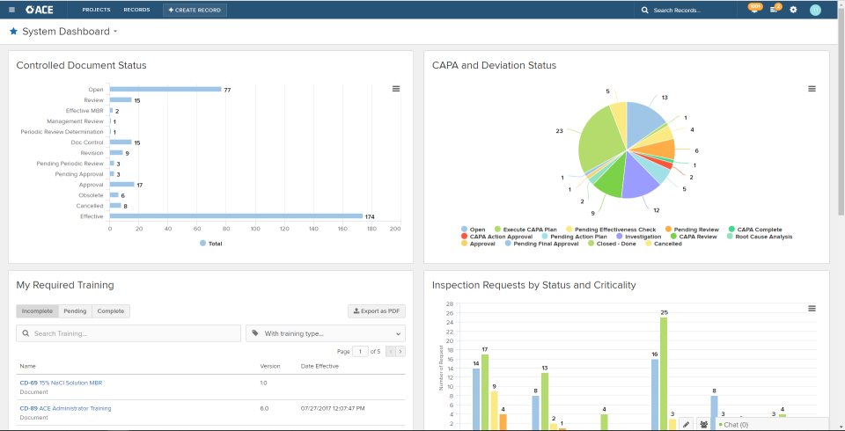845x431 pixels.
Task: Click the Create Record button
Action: [195, 10]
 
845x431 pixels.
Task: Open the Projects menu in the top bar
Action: [96, 10]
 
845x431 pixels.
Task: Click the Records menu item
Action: [136, 10]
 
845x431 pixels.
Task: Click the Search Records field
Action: [687, 10]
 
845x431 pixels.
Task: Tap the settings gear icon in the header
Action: [793, 10]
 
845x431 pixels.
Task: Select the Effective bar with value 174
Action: [236, 215]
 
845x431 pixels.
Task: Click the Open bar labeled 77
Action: [165, 89]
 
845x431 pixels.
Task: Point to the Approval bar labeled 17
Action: [121, 184]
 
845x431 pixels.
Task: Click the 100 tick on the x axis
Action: [253, 229]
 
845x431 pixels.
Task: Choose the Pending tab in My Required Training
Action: [75, 311]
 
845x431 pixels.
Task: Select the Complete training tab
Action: [110, 311]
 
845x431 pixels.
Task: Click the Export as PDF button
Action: [377, 311]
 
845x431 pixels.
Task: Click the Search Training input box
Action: [129, 333]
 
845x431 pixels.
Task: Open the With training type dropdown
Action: [325, 333]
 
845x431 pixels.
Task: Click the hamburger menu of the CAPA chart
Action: [812, 89]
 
